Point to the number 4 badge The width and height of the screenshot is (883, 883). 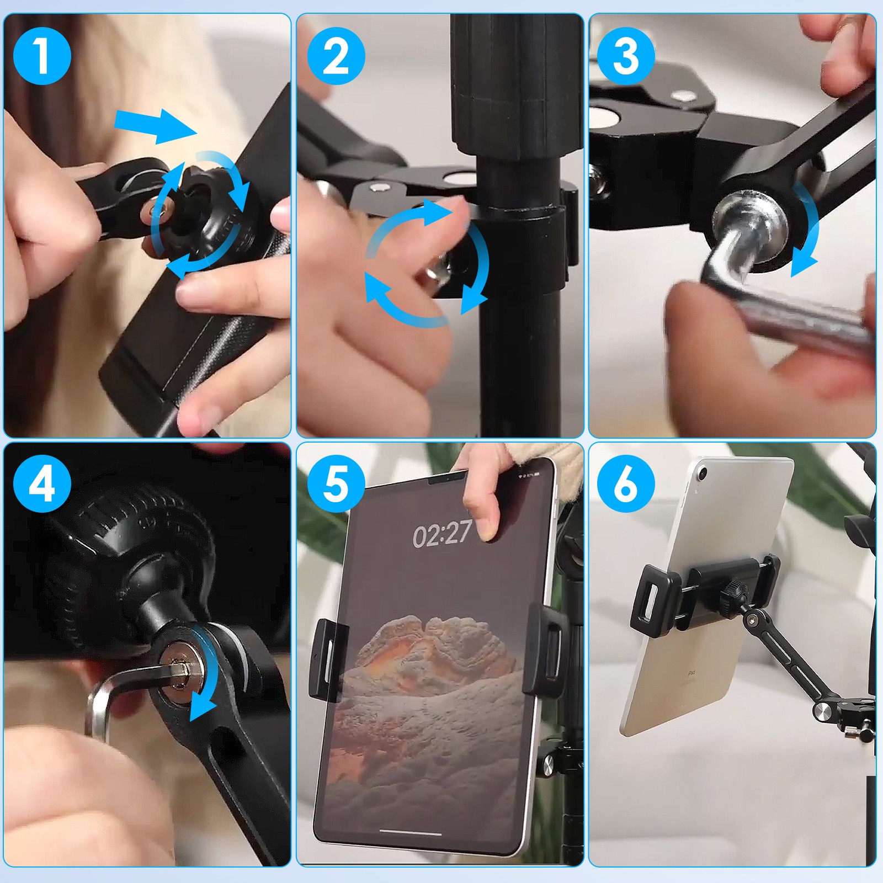click(x=42, y=483)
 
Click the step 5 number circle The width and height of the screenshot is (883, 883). click(x=336, y=483)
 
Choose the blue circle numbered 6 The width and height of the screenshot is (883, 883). click(x=626, y=483)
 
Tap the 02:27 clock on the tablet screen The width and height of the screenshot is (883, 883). click(x=441, y=534)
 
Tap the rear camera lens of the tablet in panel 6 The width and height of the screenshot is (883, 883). click(x=703, y=473)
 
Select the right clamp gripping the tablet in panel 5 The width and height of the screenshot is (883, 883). click(x=546, y=648)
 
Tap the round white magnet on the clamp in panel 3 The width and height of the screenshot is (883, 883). click(x=605, y=119)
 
